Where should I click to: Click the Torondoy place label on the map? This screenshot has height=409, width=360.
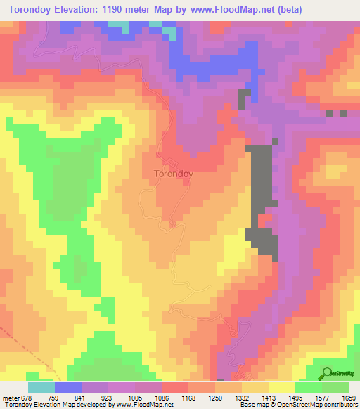tap(173, 171)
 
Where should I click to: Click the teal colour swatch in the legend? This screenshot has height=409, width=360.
tap(41, 387)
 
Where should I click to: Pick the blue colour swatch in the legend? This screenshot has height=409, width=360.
tap(68, 387)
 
